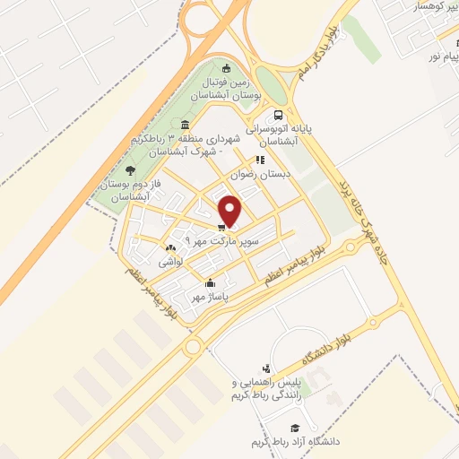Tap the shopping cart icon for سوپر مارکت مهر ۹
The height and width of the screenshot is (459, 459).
point(221,228)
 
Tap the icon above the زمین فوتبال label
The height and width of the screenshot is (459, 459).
point(226,68)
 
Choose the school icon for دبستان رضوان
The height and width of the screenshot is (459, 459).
point(260,160)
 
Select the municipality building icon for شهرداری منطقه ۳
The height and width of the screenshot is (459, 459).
point(185,125)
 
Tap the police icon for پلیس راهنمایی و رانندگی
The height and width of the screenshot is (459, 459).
point(266,368)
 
